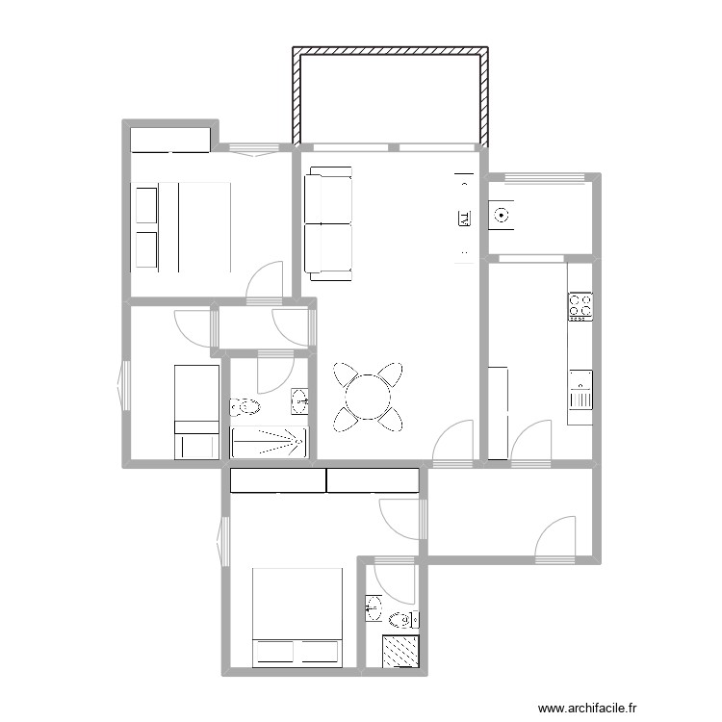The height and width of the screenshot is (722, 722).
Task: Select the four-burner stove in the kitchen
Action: (x=580, y=306)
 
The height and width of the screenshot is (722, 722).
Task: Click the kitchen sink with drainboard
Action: (x=580, y=390)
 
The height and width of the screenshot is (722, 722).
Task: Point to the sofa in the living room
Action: (x=327, y=223)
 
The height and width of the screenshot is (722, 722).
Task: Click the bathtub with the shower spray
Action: (x=269, y=442)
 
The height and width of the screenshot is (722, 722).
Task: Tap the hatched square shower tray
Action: (x=401, y=652)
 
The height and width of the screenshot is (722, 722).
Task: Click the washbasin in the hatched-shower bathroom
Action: (x=374, y=606)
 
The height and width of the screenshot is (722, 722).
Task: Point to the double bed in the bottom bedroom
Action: (x=297, y=616)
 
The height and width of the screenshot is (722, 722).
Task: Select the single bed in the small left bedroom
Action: (x=195, y=411)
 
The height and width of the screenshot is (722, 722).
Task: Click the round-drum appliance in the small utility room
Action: (x=501, y=216)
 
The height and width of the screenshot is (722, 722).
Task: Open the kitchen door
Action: (x=529, y=443)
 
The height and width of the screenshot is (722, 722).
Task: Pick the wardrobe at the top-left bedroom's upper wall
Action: (x=170, y=140)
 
